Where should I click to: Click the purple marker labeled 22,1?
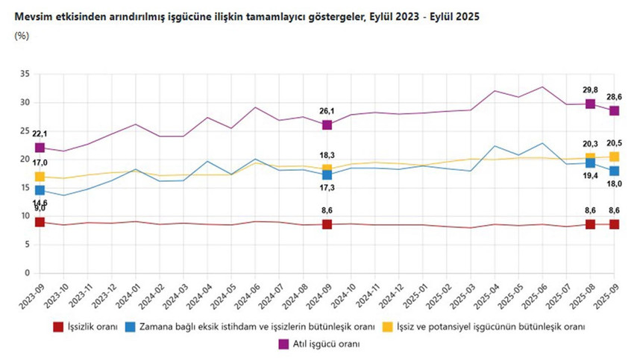pos(40,148)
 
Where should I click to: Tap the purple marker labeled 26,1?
pos(327,124)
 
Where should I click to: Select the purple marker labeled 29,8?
pos(590,104)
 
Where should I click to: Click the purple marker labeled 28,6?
pos(614,110)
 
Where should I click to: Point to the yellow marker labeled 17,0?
pos(40,177)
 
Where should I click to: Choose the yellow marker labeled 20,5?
pos(614,157)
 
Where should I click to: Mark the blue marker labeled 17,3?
pos(327,174)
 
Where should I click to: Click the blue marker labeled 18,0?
pos(614,171)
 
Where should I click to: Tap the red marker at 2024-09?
pos(327,224)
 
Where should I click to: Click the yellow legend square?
pos(387,326)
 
